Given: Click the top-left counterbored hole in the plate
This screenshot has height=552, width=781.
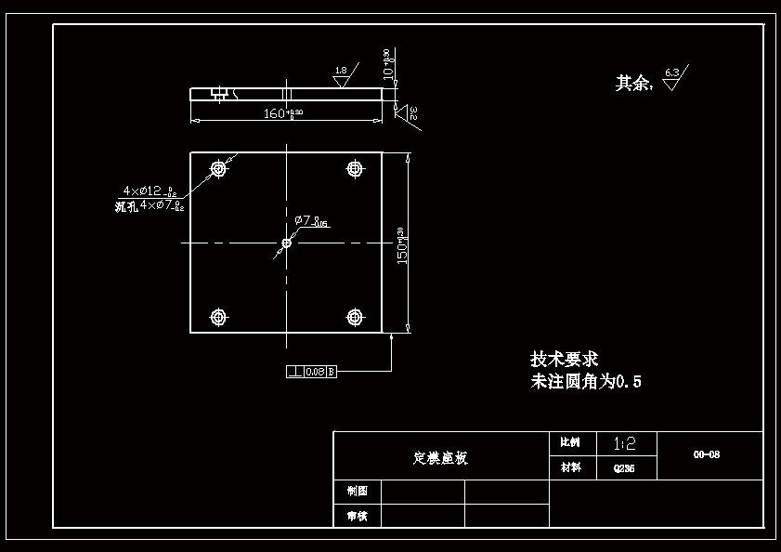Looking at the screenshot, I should tap(219, 169).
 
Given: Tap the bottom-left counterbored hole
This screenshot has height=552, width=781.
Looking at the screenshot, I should tap(219, 318).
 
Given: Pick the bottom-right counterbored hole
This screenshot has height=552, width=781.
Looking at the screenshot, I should tap(354, 318).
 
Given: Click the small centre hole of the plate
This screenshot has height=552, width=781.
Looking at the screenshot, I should tap(287, 243).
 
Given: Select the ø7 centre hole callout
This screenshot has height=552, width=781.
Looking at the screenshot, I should tap(310, 221).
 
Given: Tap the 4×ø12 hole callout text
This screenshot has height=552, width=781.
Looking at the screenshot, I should tap(149, 191).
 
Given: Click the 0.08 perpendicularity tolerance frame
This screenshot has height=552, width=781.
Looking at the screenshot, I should tap(311, 372).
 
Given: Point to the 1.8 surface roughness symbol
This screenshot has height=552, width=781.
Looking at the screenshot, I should tap(341, 75).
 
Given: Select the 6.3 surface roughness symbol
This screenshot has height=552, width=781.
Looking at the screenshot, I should tap(674, 76).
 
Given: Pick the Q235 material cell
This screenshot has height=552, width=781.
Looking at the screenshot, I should tap(624, 468).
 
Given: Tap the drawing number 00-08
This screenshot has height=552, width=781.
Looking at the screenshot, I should tap(707, 455).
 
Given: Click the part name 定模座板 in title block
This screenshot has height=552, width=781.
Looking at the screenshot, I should tap(440, 458).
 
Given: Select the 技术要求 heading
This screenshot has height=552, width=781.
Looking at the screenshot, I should tap(564, 359).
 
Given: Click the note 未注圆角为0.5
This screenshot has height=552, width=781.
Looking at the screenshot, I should tap(586, 381).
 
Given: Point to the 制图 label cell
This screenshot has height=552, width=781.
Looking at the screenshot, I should tap(357, 491).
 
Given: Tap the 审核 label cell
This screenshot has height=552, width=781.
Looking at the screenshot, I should tap(357, 516).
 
